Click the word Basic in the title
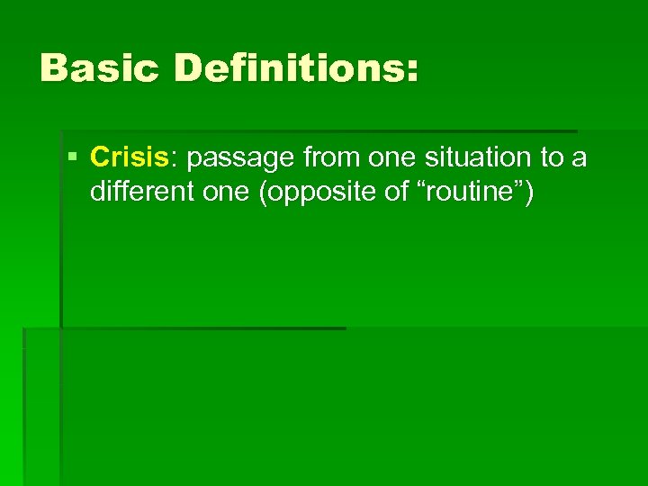tap(100, 68)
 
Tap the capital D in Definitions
tap(190, 68)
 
